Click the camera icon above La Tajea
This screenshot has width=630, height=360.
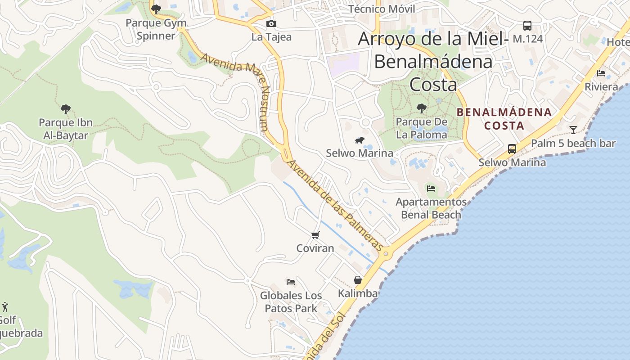point(271,23)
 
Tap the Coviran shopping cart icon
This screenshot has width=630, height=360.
point(315,235)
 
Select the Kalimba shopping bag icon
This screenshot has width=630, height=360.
point(358,280)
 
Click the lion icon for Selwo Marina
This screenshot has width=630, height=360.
point(359,140)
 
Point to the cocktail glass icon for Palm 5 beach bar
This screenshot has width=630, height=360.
point(573,130)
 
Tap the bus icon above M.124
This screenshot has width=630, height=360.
point(527,26)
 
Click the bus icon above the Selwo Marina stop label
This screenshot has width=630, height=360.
point(512,148)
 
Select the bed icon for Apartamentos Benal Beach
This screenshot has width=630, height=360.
point(431,189)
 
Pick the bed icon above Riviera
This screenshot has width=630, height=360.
point(601,73)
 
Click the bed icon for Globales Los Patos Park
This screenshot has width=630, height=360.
point(291,282)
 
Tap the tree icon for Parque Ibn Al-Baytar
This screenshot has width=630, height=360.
point(65,109)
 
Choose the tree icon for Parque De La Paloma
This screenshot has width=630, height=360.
point(421,108)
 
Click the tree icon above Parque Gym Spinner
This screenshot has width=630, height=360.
point(156,9)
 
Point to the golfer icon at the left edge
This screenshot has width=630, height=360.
point(5,307)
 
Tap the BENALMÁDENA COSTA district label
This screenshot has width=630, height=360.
point(504,119)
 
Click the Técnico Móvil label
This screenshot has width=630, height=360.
point(382,9)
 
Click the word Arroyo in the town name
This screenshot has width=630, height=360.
point(387,39)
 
